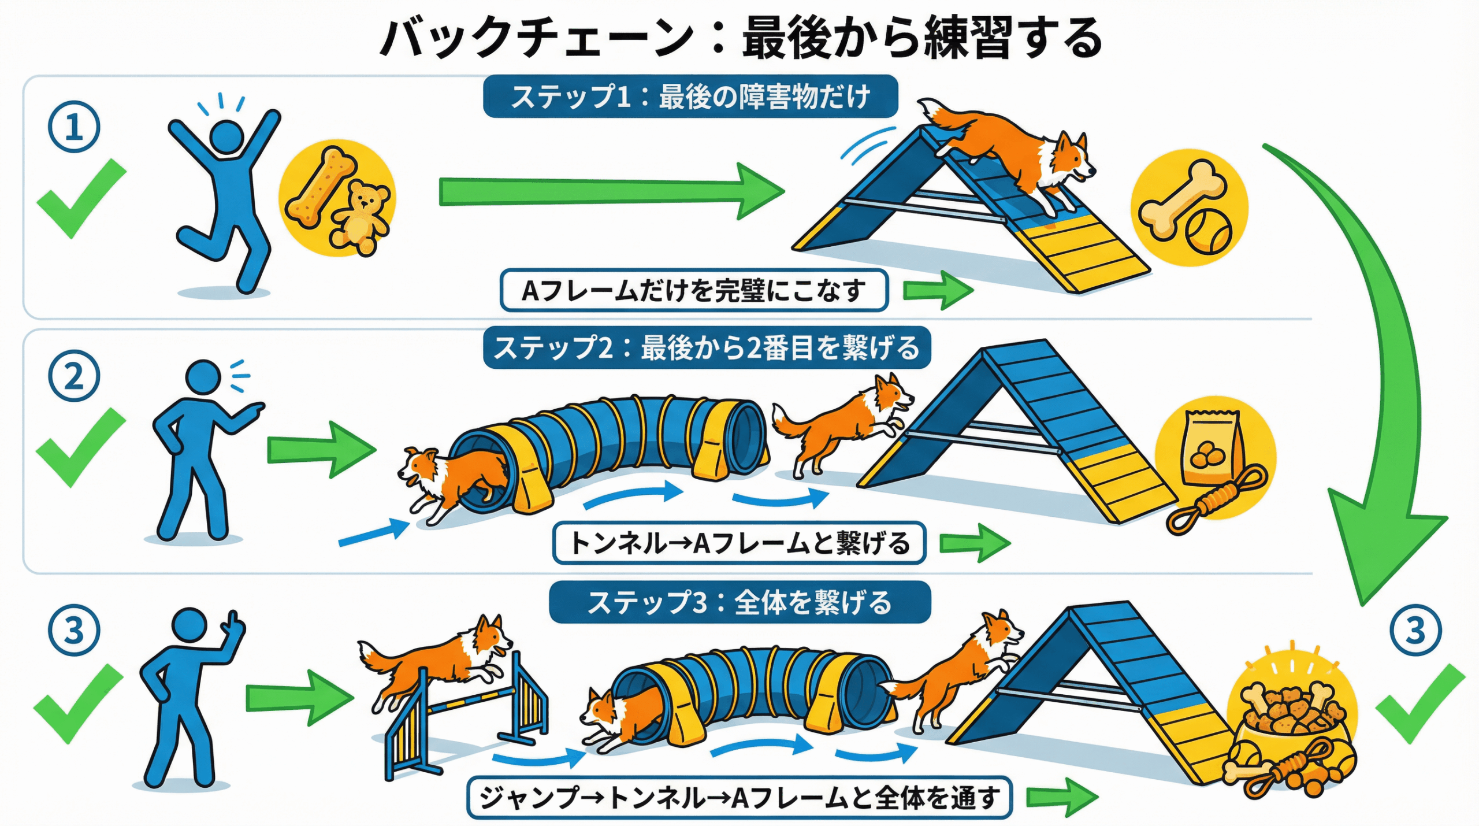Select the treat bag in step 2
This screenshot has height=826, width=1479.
1212,448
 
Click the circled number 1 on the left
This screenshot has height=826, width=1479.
74,127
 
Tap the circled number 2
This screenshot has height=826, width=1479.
74,376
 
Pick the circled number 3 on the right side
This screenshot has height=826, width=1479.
1415,629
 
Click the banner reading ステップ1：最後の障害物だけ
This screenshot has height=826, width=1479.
690,97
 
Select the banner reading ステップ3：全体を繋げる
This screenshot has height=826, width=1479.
739,602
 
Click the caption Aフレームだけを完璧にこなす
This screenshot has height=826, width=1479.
693,290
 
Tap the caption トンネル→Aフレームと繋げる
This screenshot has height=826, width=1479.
739,543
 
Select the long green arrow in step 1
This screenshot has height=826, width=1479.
607,191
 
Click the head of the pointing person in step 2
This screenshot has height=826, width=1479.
203,377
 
